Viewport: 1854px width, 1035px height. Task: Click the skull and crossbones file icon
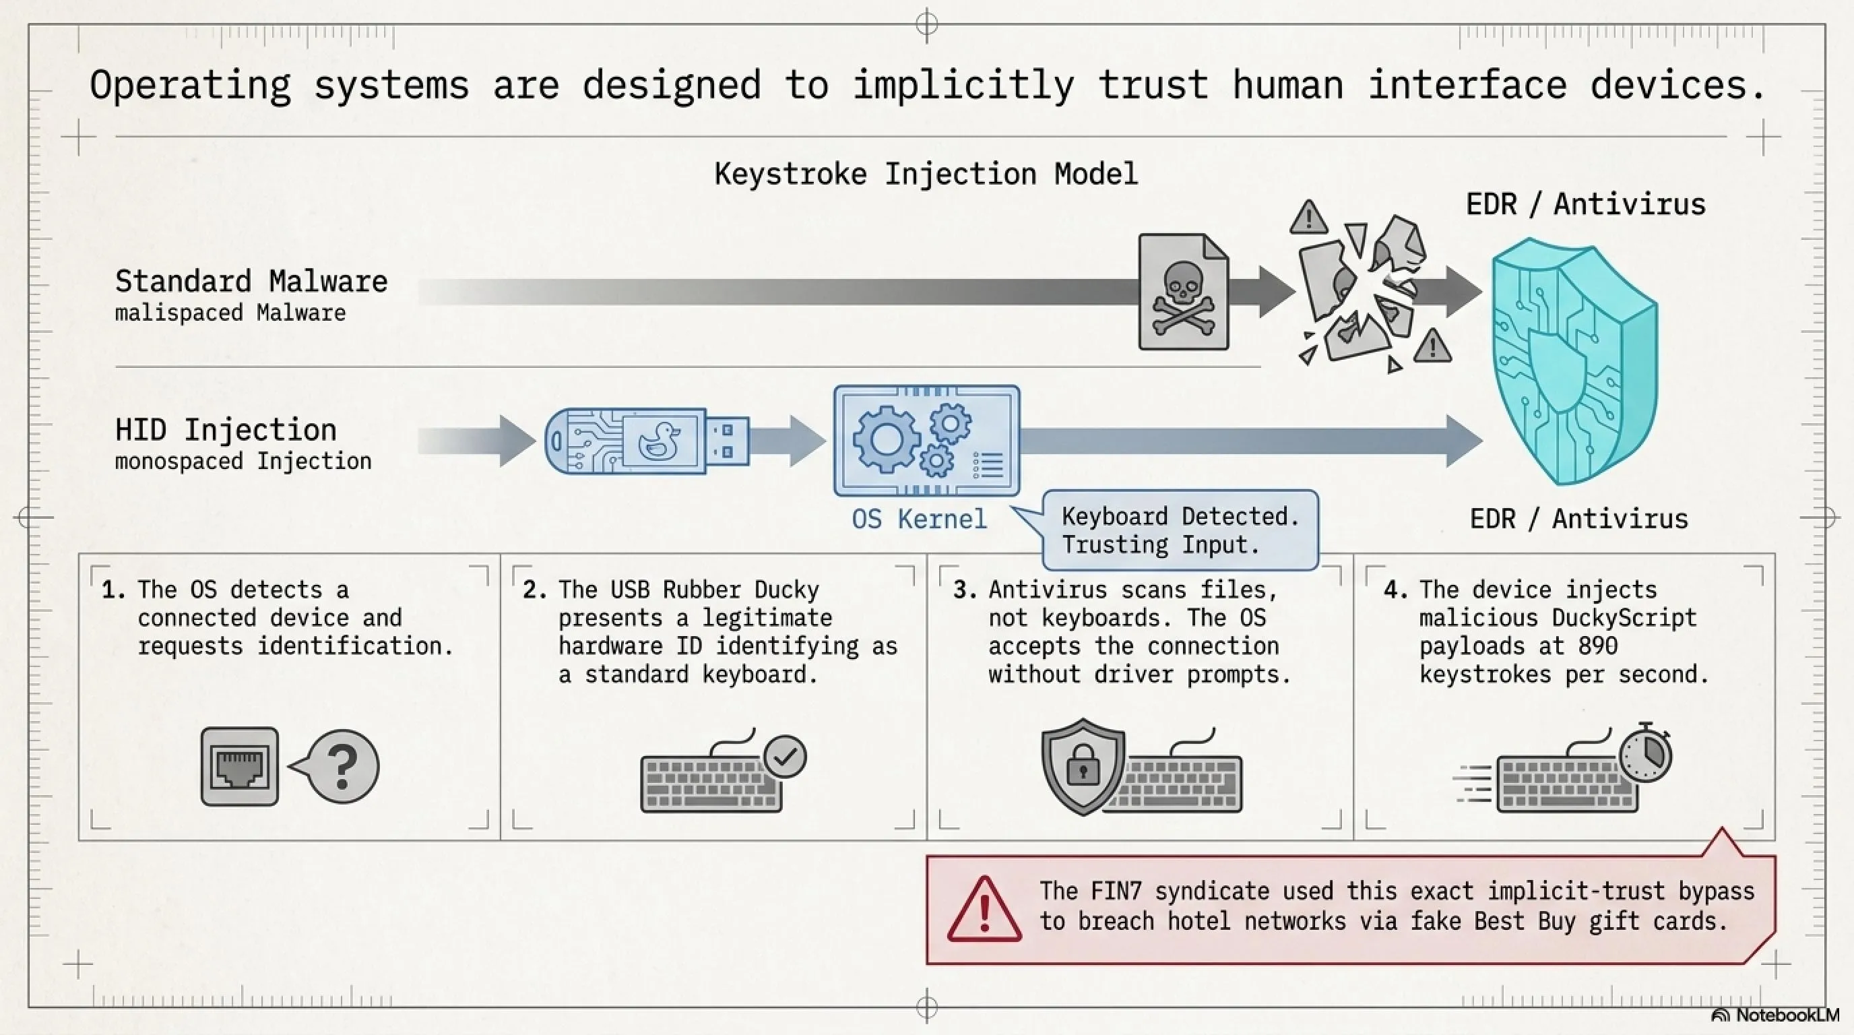click(x=1183, y=292)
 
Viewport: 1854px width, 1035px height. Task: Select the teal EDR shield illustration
click(x=1574, y=360)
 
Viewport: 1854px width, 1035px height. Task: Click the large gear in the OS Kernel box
click(x=886, y=439)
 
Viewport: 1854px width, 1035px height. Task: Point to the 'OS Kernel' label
click(x=919, y=518)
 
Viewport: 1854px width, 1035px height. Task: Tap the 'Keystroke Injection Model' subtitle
click(x=926, y=174)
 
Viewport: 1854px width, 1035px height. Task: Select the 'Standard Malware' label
click(x=251, y=281)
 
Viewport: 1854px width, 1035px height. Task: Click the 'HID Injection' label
click(x=226, y=430)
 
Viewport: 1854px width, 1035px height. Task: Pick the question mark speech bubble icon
click(x=338, y=766)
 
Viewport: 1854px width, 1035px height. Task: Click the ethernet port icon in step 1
click(x=240, y=766)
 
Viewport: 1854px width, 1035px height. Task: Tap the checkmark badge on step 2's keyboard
click(x=786, y=756)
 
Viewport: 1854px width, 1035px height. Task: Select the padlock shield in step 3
click(x=1083, y=766)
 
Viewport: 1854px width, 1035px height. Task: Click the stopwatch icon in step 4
click(x=1645, y=754)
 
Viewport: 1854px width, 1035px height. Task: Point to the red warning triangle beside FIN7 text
click(x=984, y=909)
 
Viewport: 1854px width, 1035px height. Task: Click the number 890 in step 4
click(x=1598, y=646)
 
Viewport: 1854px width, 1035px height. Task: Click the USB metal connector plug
click(x=727, y=441)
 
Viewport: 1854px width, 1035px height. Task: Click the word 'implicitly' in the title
click(x=963, y=85)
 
